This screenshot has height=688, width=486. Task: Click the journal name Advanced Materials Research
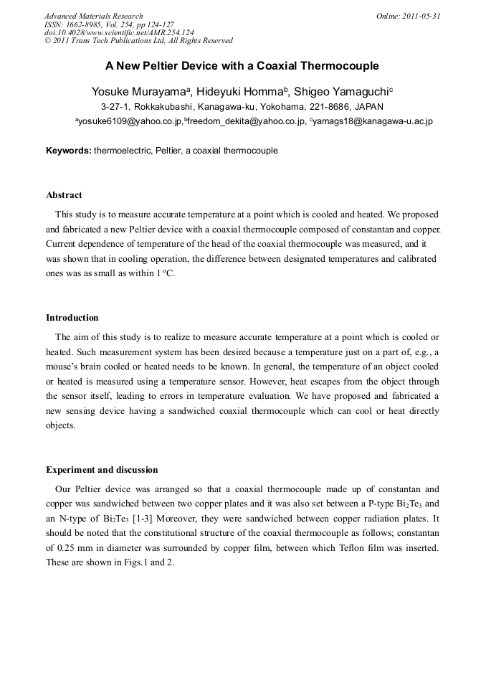point(93,16)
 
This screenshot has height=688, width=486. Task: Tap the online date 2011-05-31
point(420,16)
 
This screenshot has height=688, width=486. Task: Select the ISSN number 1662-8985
point(87,24)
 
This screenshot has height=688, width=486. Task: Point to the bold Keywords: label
point(69,151)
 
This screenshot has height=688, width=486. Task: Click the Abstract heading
point(64,195)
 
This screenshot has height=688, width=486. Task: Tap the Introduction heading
point(72,318)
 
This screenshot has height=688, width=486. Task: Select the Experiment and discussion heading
point(102,470)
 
